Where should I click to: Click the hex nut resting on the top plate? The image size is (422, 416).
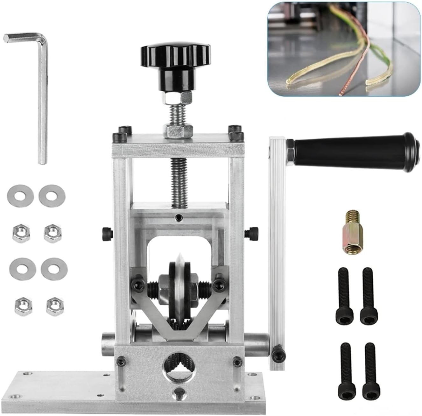coord(178,130)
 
